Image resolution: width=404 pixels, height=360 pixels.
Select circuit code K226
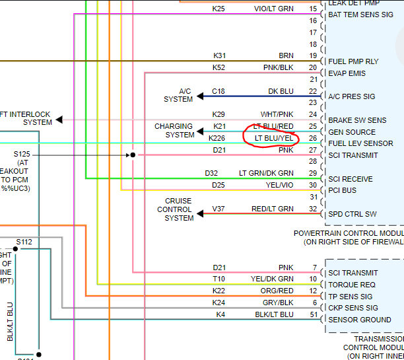(x=217, y=138)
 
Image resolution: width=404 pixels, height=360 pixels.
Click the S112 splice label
(x=24, y=242)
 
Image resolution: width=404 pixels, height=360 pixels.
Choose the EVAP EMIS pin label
(x=347, y=73)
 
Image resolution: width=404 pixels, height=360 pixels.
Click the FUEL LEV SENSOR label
(x=360, y=143)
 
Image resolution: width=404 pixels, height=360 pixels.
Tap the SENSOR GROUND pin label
(x=360, y=320)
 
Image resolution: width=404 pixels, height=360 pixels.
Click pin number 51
(x=312, y=314)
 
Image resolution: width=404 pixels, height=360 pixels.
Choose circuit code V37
(x=218, y=209)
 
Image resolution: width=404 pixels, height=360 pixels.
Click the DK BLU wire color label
(x=281, y=91)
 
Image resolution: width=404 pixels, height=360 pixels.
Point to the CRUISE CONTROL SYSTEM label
(x=179, y=209)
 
